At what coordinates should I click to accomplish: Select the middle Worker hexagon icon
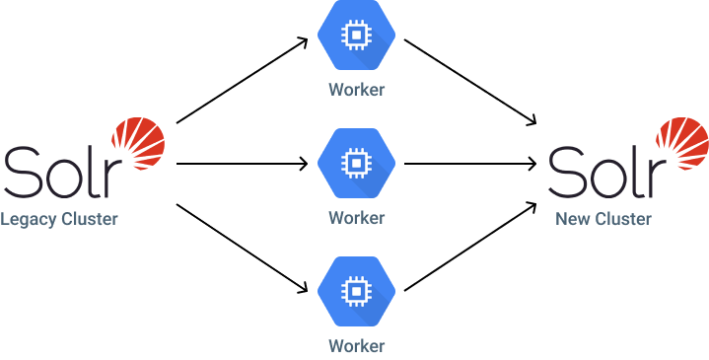356,163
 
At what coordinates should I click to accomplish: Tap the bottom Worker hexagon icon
356,291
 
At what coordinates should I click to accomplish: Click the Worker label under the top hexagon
356,90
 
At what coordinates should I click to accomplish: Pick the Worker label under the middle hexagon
356,217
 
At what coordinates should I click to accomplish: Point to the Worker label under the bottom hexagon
356,345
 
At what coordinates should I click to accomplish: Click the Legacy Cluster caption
58,219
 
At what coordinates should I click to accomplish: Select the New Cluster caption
603,219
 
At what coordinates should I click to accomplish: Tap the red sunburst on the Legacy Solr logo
139,142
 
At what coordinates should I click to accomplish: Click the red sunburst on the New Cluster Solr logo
682,142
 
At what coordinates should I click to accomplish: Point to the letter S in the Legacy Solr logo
22,172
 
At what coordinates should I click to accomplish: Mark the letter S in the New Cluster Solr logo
567,172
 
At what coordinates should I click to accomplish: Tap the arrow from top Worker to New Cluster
470,82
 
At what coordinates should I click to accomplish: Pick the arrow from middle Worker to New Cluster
470,164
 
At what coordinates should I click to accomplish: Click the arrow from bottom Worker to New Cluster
470,248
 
